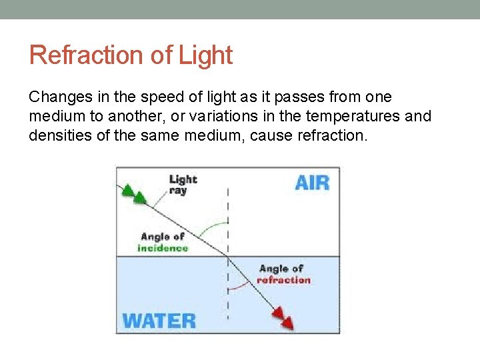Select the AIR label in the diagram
click(x=312, y=182)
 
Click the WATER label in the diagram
click(x=159, y=321)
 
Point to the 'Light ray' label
click(x=182, y=184)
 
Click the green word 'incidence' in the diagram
click(x=163, y=248)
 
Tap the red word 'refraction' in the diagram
click(x=283, y=280)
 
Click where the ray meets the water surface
click(x=228, y=256)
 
